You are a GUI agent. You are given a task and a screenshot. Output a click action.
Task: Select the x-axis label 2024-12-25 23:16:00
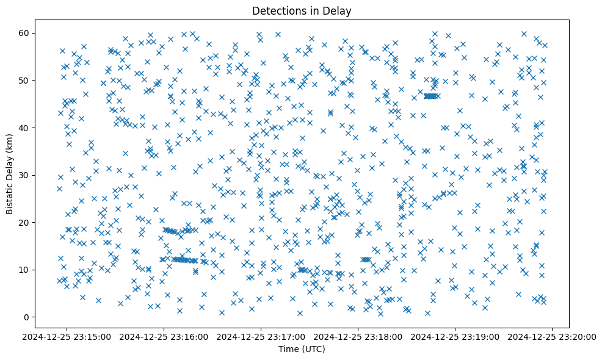point(164,336)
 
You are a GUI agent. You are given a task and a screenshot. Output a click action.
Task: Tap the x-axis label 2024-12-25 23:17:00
point(261,336)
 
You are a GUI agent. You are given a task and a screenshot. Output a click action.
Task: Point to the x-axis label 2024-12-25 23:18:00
point(358,336)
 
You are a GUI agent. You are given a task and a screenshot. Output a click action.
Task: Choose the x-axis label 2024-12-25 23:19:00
point(455,336)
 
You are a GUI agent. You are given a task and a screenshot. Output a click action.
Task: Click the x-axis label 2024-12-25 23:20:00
point(553,336)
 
